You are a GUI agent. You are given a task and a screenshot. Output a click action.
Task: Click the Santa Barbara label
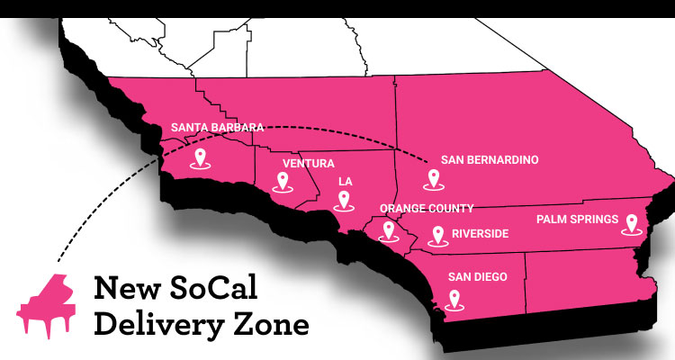pyautogui.click(x=217, y=128)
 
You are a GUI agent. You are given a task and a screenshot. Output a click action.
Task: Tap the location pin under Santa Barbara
pyautogui.click(x=201, y=159)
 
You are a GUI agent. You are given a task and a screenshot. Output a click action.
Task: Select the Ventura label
pyautogui.click(x=309, y=164)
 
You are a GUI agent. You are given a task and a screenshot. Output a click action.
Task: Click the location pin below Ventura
pyautogui.click(x=283, y=182)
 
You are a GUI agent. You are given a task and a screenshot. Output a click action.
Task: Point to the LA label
pyautogui.click(x=345, y=181)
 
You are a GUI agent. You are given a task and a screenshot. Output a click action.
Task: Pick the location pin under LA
pyautogui.click(x=343, y=201)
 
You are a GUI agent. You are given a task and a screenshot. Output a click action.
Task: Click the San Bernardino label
pyautogui.click(x=490, y=160)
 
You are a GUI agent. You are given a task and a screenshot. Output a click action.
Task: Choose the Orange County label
pyautogui.click(x=427, y=208)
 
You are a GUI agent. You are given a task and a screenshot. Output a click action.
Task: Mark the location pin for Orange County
pyautogui.click(x=390, y=230)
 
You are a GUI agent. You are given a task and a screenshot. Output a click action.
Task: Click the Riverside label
pyautogui.click(x=481, y=234)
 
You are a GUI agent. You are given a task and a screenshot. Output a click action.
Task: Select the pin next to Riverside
pyautogui.click(x=438, y=236)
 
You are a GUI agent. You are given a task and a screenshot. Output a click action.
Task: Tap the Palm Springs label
pyautogui.click(x=577, y=219)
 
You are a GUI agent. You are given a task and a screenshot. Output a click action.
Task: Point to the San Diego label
pyautogui.click(x=479, y=276)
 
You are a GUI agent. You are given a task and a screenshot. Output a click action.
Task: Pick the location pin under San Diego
pyautogui.click(x=455, y=299)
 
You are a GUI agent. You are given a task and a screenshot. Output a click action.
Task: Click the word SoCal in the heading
pyautogui.click(x=211, y=289)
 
